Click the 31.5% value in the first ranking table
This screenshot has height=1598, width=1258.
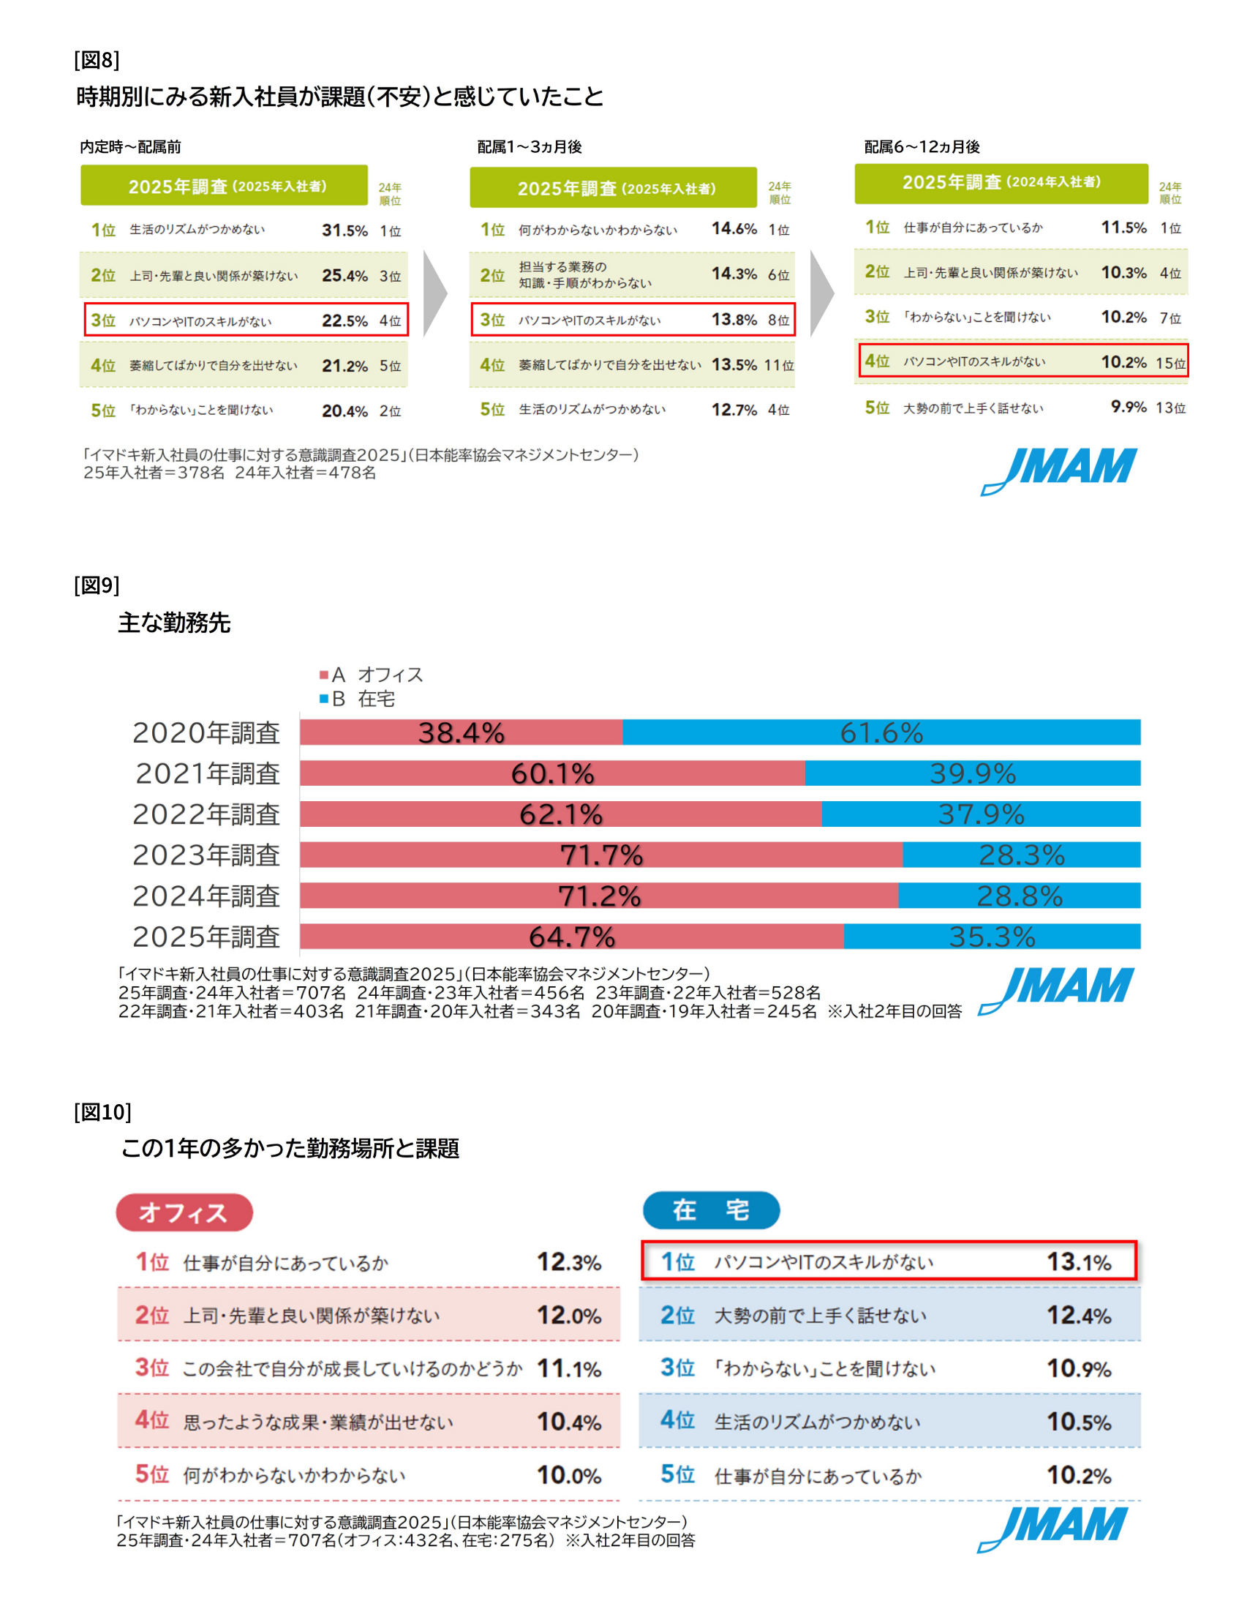pos(344,230)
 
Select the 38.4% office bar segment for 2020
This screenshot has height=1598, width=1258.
pos(461,732)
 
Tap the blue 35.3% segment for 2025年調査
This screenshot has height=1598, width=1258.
pos(991,937)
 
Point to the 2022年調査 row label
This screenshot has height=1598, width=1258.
pos(206,814)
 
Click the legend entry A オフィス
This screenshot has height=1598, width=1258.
pos(372,675)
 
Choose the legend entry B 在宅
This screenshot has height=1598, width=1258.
pos(358,699)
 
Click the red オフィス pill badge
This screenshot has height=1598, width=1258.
pos(184,1212)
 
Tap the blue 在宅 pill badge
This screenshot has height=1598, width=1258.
pos(711,1209)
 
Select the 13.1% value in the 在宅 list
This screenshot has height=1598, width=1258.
pos(1078,1262)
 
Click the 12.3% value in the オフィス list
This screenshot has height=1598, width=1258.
pos(568,1262)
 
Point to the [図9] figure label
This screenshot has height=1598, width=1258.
pos(97,585)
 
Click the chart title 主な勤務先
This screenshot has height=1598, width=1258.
pos(175,623)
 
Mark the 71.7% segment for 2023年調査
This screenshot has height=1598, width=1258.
pos(601,855)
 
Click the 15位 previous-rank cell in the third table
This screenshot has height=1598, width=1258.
pos(1170,362)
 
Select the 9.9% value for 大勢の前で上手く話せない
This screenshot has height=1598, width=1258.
pos(1129,407)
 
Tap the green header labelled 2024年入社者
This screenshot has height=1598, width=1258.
pos(1001,183)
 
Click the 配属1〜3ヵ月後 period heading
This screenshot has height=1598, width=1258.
pos(530,146)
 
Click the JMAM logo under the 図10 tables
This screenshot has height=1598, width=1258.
pos(1053,1528)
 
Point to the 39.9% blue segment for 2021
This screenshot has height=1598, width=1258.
pos(972,773)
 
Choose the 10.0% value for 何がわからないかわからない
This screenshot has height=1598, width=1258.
pos(568,1475)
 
